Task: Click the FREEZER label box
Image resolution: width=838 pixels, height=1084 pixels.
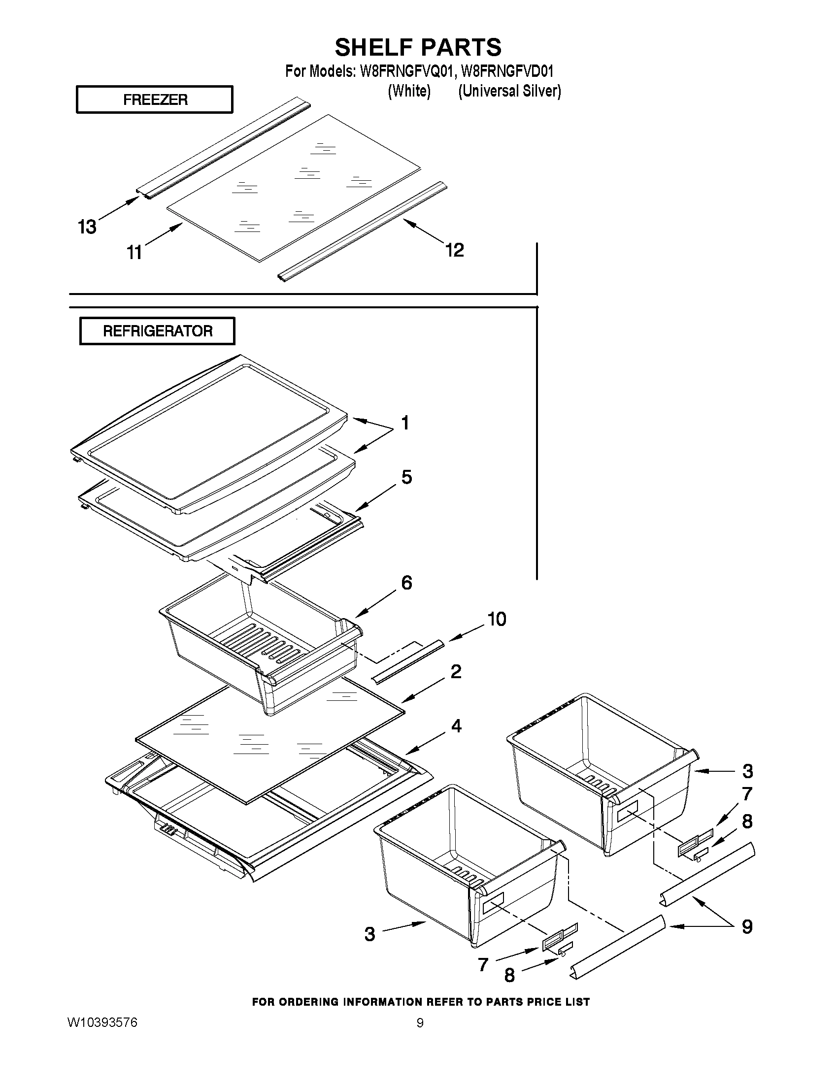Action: tap(154, 100)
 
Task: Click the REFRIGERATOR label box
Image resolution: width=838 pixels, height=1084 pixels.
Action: tap(157, 331)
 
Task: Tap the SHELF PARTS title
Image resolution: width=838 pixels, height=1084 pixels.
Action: tap(418, 48)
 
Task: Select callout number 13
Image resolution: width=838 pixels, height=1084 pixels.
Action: tap(87, 228)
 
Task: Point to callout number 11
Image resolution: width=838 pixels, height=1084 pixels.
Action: tap(134, 253)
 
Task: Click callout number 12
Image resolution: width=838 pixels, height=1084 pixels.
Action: tap(454, 250)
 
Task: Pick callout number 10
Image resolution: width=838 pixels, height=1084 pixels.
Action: tap(496, 619)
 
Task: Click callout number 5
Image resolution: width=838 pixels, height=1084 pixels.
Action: tap(406, 477)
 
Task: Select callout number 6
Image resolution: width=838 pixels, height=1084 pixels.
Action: tap(406, 583)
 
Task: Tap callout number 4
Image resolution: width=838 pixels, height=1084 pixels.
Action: tap(456, 726)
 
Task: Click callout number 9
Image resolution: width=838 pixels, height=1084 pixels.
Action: tap(747, 927)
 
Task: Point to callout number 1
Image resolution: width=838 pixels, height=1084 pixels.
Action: tap(405, 423)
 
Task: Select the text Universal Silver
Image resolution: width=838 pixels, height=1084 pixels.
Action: tap(509, 91)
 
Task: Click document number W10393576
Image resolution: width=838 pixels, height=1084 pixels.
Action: tap(102, 1022)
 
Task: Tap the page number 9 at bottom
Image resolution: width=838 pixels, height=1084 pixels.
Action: tap(420, 1023)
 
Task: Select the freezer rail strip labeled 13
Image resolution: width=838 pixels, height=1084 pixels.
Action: tap(223, 149)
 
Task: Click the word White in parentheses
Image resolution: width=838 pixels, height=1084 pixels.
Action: tap(408, 91)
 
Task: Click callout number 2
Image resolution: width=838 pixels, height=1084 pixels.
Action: tap(456, 672)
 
